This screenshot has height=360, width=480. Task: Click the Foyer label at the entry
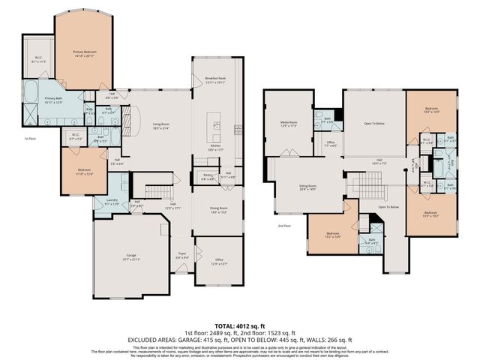[181, 255]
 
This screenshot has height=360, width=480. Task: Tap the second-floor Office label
[330, 143]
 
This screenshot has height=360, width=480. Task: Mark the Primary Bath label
[54, 100]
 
